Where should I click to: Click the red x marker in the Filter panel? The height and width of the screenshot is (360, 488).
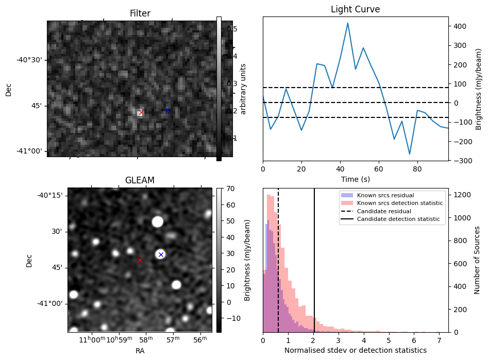(142, 113)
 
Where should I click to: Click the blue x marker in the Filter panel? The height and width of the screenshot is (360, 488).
(167, 111)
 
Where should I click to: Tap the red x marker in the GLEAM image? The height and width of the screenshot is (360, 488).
(140, 261)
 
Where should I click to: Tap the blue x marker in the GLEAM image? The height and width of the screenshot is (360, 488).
(161, 254)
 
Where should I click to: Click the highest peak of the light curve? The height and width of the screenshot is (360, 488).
(348, 23)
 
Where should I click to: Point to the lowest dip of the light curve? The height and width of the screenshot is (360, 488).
(410, 154)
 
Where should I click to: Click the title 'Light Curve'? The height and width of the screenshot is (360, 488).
(355, 10)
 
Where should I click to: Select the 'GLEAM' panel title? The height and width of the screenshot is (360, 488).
(140, 180)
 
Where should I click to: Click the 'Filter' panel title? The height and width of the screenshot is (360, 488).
(140, 13)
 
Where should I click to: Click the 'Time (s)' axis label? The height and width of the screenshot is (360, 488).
(355, 179)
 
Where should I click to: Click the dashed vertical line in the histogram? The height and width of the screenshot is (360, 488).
(278, 268)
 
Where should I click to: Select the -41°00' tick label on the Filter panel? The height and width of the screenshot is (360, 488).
(29, 151)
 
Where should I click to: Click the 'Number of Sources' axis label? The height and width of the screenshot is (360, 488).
(477, 260)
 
